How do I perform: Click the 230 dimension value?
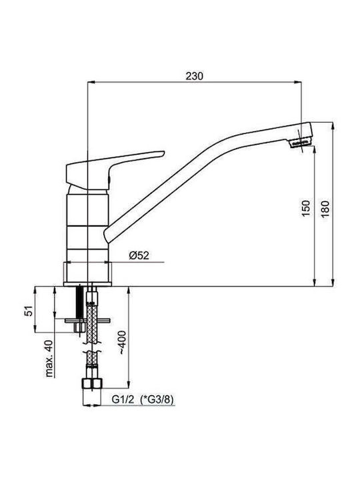[195, 76]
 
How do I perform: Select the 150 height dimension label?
[306, 209]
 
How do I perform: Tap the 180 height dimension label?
[325, 209]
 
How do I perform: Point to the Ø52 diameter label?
[139, 255]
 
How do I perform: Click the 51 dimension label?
[29, 311]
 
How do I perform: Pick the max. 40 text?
[49, 359]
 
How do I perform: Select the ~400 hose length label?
[122, 343]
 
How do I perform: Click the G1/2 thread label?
[123, 399]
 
